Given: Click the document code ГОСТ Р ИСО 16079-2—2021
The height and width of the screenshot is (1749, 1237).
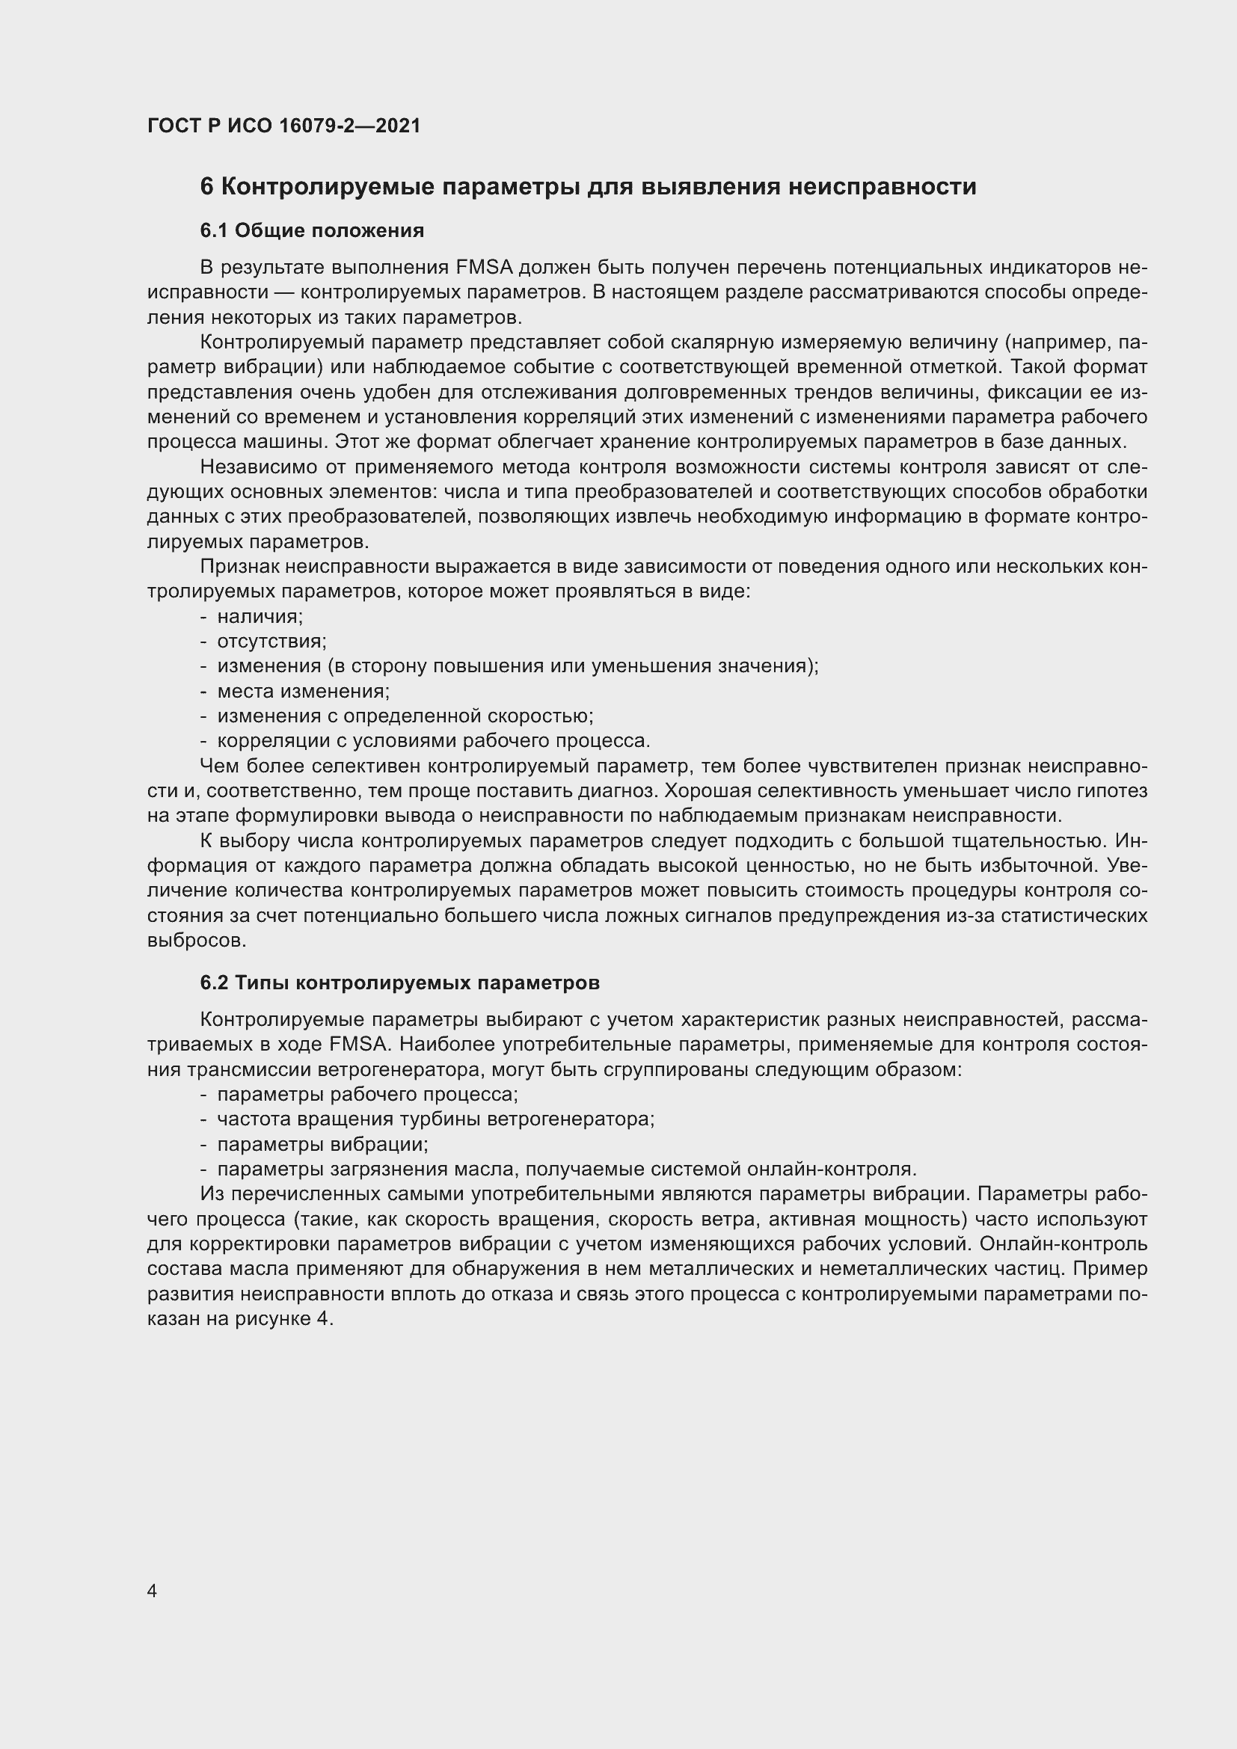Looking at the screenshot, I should [283, 126].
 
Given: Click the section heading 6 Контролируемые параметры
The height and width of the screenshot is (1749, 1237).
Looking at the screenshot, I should [587, 187].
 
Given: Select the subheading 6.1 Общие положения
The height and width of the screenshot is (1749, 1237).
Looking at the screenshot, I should [312, 230].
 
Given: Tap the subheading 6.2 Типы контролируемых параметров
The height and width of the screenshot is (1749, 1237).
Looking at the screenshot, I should [399, 983].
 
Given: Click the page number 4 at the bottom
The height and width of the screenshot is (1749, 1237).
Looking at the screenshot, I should [153, 1591].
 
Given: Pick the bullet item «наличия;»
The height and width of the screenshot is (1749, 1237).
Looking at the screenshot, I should [260, 616].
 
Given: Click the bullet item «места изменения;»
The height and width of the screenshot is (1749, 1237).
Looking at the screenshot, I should [303, 691].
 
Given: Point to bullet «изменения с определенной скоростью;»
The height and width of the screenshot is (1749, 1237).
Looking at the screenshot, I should [405, 716].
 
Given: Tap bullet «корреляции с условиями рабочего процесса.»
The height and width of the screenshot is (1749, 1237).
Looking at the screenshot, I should [434, 741].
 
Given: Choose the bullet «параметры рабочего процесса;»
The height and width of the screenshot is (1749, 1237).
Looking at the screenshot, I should [367, 1095].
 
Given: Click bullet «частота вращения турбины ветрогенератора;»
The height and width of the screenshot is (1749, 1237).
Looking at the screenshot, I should [436, 1120].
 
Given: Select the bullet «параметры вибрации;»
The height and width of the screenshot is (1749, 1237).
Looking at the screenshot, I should [322, 1145].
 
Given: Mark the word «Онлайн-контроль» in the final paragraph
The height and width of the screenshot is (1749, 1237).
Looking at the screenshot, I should [1063, 1244].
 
